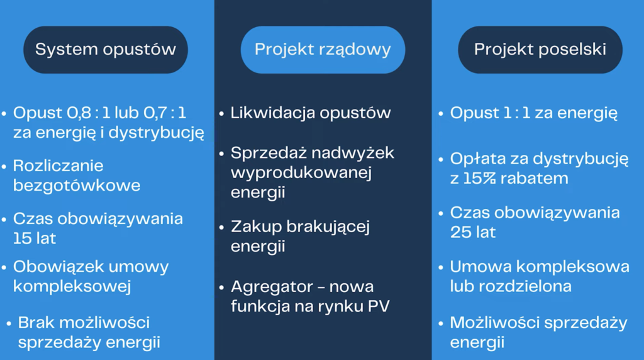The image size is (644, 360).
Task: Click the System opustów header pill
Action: [x=106, y=50]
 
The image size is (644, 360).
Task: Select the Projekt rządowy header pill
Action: [x=323, y=50]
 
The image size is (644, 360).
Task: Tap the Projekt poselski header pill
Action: [x=540, y=50]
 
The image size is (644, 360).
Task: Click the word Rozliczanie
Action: [x=58, y=166]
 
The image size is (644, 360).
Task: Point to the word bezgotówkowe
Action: [x=77, y=186]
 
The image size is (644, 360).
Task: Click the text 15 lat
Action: [x=35, y=239]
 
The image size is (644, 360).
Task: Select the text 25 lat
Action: [x=473, y=232]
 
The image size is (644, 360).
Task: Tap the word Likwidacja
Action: [x=272, y=113]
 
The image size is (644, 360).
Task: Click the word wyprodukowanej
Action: [x=301, y=172]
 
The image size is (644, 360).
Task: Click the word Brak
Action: [x=36, y=323]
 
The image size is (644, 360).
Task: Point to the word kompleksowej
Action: [x=72, y=286]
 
